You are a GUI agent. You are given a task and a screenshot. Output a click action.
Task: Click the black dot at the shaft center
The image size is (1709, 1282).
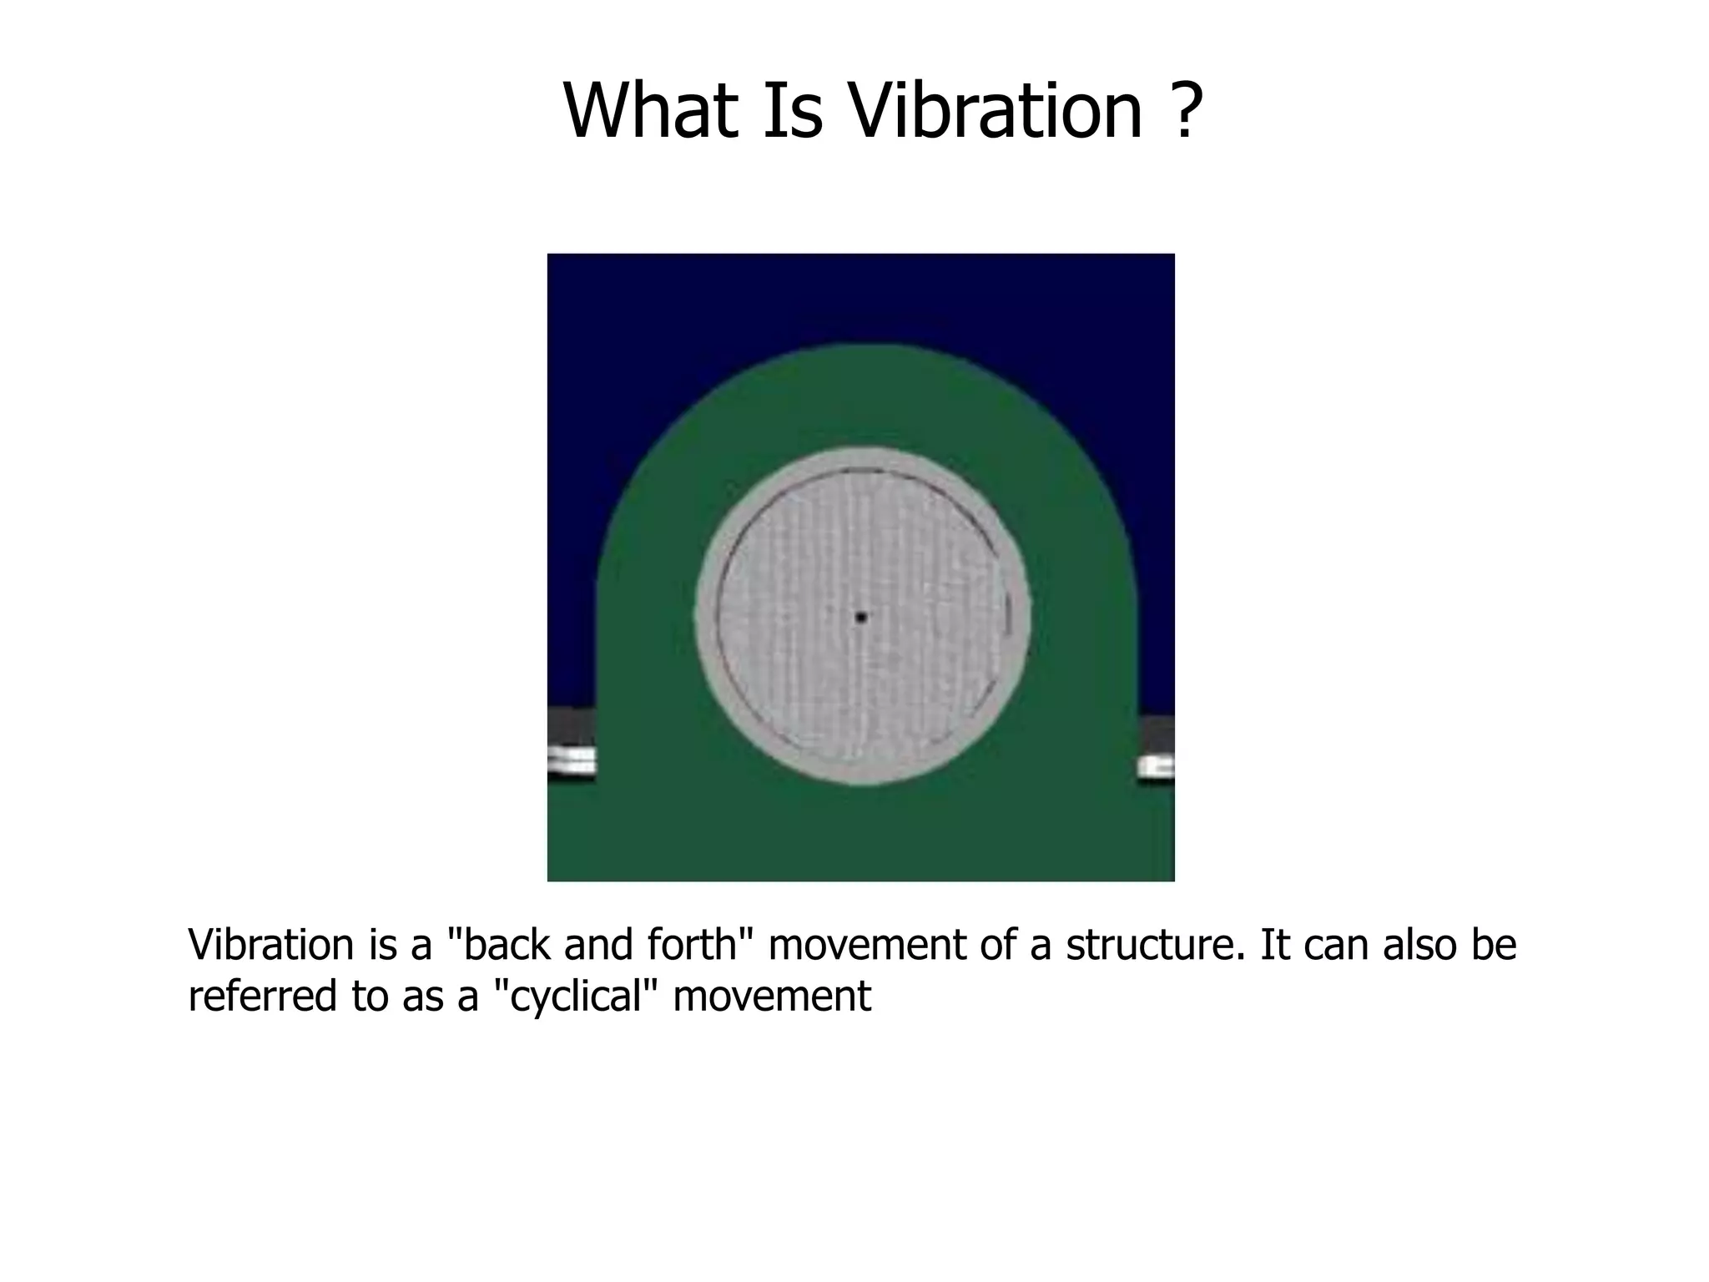tap(861, 618)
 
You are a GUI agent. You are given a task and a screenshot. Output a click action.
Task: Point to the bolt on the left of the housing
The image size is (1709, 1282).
tap(571, 760)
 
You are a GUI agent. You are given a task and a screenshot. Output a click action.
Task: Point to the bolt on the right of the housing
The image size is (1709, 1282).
tap(1157, 766)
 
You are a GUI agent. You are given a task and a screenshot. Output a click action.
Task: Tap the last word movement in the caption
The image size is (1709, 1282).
tap(772, 997)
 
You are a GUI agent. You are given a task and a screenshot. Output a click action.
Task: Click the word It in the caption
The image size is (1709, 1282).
tap(1276, 945)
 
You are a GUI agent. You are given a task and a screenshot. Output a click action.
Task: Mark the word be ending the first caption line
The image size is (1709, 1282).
tap(1494, 945)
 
